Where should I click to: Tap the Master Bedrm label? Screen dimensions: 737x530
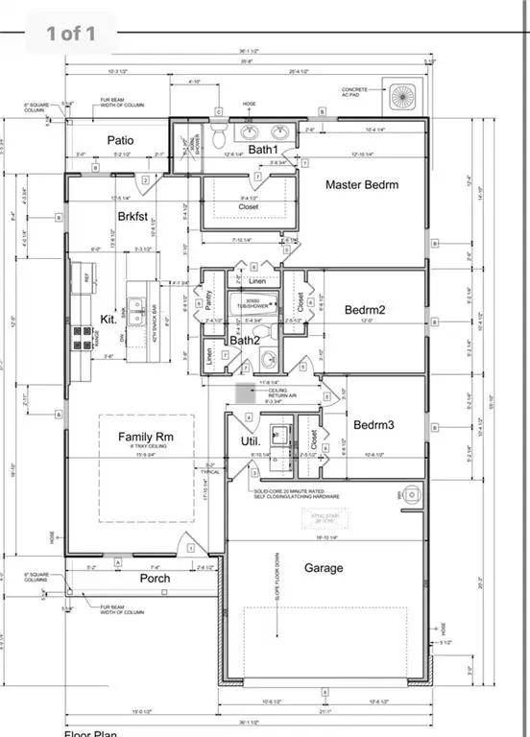tap(361, 184)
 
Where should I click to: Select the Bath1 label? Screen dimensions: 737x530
tap(262, 150)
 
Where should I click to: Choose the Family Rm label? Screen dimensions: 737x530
tap(144, 438)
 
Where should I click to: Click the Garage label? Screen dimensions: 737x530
tap(324, 568)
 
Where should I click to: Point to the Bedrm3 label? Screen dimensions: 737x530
tap(373, 424)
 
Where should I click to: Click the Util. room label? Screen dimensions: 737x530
tap(251, 440)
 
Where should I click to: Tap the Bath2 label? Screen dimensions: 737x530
tap(245, 340)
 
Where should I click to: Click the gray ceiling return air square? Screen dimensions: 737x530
tap(245, 394)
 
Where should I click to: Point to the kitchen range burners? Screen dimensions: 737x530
tap(75, 338)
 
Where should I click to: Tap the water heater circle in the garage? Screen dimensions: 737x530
tap(411, 495)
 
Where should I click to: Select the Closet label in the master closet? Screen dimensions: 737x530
tap(249, 206)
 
